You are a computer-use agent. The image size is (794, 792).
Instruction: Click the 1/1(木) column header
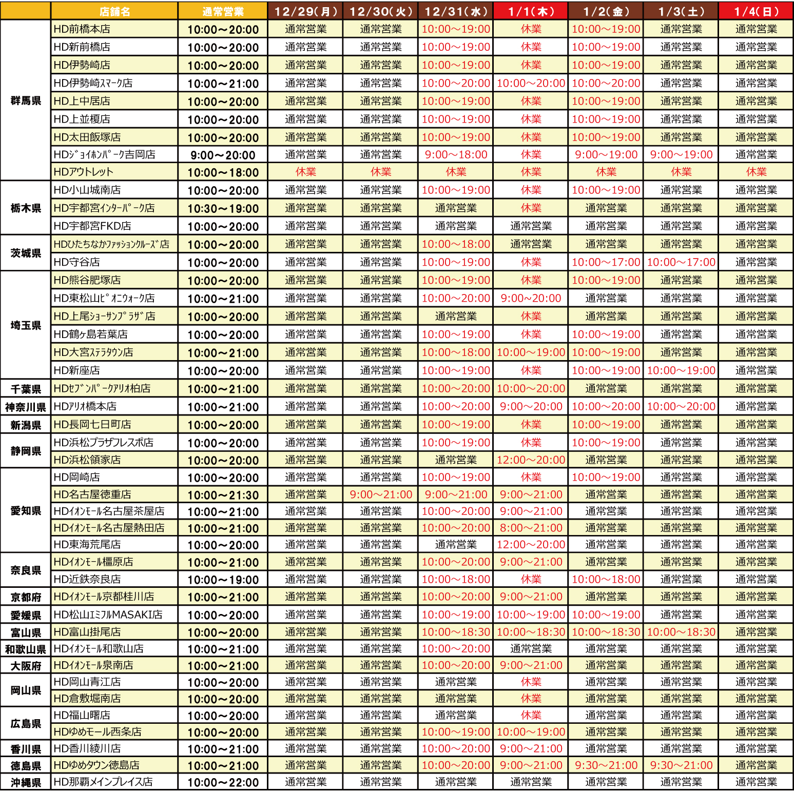[x=531, y=11]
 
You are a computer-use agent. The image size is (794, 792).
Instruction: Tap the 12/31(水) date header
[x=456, y=11]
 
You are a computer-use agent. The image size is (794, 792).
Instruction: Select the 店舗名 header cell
[x=114, y=11]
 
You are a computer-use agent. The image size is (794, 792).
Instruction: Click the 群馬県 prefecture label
[x=26, y=101]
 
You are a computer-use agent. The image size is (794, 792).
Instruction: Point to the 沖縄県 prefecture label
[x=26, y=783]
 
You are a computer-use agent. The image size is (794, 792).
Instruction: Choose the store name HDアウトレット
[x=84, y=172]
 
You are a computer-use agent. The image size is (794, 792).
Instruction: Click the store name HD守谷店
[x=77, y=262]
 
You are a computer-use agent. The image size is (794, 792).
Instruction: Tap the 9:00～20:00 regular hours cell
[x=223, y=155]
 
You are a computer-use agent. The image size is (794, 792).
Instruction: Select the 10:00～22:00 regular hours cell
[x=223, y=783]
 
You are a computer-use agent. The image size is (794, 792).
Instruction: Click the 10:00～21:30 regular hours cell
[x=223, y=495]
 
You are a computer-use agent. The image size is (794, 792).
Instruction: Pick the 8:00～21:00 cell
[x=531, y=528]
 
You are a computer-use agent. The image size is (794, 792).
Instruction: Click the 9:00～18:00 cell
[x=456, y=154]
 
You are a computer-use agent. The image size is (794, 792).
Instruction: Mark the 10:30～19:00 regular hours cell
[x=223, y=208]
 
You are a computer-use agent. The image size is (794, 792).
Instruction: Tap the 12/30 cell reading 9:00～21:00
[x=381, y=494]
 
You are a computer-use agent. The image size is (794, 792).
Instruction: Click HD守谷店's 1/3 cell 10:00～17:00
[x=681, y=262]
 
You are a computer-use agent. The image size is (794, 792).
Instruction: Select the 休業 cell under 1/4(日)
[x=756, y=172]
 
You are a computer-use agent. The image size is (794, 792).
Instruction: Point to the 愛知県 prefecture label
[x=26, y=511]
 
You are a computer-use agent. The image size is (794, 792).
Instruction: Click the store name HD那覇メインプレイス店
[x=103, y=782]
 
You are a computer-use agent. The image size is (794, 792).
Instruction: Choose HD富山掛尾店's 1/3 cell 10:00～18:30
[x=681, y=632]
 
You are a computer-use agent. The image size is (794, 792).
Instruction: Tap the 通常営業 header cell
[x=223, y=11]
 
